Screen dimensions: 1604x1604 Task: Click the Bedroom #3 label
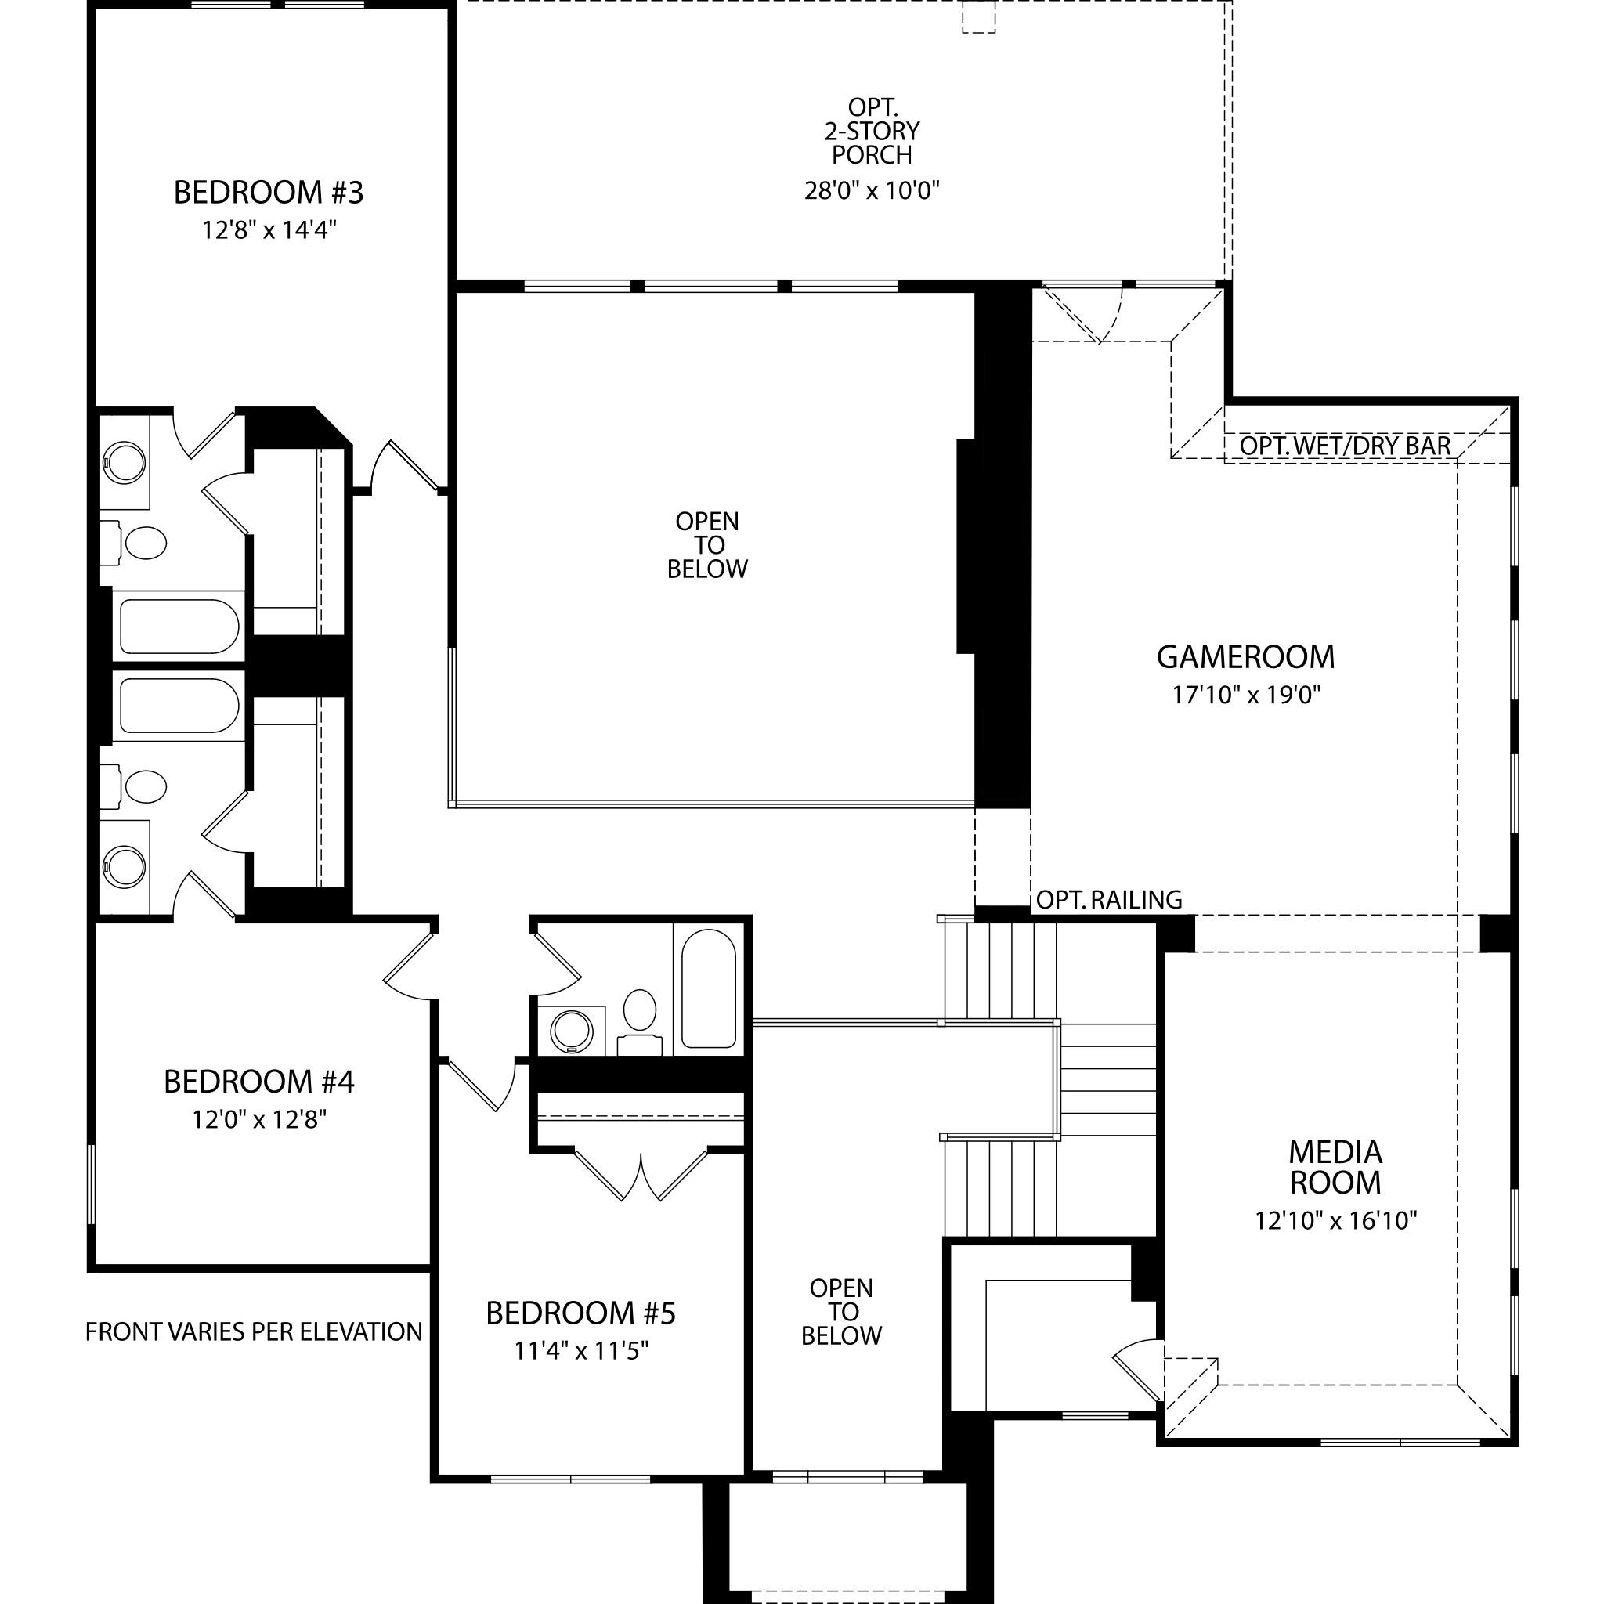268,193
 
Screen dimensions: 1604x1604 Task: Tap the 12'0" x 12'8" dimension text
259,1120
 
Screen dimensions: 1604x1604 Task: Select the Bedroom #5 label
580,1313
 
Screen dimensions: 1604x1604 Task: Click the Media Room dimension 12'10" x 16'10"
1335,1220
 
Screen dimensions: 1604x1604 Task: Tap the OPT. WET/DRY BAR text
1345,446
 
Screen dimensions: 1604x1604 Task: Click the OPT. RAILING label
1109,899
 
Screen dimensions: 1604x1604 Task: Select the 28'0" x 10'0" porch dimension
871,191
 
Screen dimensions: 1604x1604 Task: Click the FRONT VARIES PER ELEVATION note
254,1331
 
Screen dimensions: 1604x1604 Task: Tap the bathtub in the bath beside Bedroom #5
708,988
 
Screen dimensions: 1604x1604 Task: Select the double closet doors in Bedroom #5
641,1175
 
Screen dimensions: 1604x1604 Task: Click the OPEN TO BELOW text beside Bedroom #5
841,1312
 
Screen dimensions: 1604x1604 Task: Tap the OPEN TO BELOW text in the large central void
707,545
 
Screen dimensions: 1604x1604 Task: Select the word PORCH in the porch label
872,155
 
